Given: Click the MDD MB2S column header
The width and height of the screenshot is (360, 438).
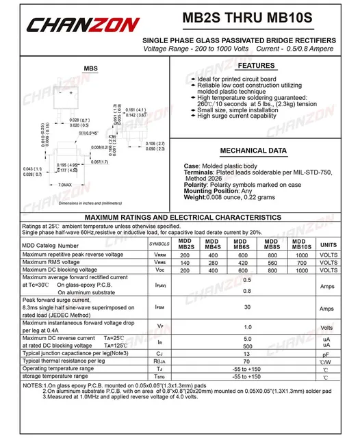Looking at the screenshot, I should [184, 244].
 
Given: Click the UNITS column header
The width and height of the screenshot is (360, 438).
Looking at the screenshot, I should [329, 244].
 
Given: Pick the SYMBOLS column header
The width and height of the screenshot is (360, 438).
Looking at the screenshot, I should [159, 244].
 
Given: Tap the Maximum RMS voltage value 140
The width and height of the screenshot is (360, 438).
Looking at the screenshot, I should [184, 262].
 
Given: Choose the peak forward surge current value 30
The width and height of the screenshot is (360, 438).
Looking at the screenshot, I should [247, 308].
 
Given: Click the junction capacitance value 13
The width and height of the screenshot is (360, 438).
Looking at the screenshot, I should [247, 354].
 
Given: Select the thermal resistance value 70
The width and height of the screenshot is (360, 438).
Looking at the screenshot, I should [247, 361].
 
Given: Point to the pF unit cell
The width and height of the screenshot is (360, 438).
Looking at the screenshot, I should [328, 354].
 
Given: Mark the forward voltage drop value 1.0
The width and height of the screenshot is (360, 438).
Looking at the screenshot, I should [247, 326].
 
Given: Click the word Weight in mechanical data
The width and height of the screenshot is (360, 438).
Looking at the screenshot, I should [195, 197].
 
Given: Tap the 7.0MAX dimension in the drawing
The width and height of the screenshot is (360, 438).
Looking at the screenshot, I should [66, 185].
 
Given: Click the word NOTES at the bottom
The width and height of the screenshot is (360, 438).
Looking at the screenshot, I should [33, 386].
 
